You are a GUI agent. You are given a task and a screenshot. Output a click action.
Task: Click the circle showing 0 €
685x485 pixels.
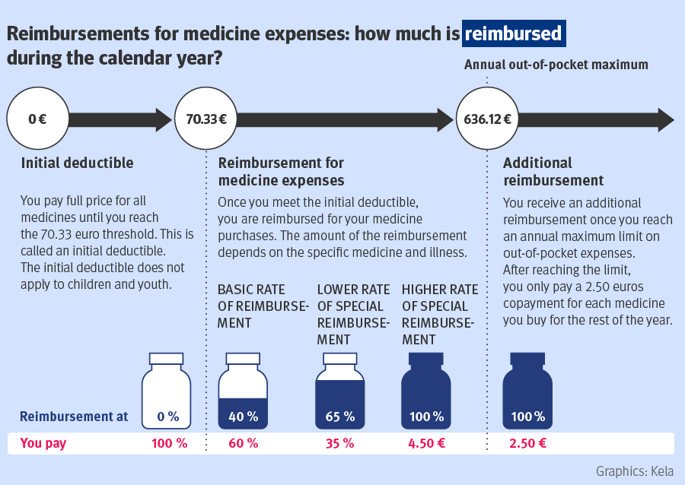pos(37,119)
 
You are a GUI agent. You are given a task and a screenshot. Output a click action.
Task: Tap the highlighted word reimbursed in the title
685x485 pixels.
pos(514,34)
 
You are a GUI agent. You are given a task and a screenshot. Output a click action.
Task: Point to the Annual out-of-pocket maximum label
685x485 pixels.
pos(556,65)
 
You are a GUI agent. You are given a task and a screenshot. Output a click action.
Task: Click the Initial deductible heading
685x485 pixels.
pos(77,163)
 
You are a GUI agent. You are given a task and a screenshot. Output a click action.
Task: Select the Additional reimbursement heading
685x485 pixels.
pos(553,172)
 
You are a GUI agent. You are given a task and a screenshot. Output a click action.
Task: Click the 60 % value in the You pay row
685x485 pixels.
pos(244,443)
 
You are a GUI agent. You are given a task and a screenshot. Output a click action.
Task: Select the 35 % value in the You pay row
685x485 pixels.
pos(339,443)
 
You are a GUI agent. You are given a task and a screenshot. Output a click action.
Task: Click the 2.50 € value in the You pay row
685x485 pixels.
pos(527,443)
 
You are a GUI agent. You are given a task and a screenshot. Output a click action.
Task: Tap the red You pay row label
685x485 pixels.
pos(43,443)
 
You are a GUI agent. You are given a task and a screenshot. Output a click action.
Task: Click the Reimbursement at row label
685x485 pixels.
pos(73,417)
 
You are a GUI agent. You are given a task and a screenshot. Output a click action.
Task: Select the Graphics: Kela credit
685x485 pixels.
pos(634,471)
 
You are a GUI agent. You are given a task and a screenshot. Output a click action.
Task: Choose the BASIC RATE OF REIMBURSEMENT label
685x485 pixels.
pos(262,306)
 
